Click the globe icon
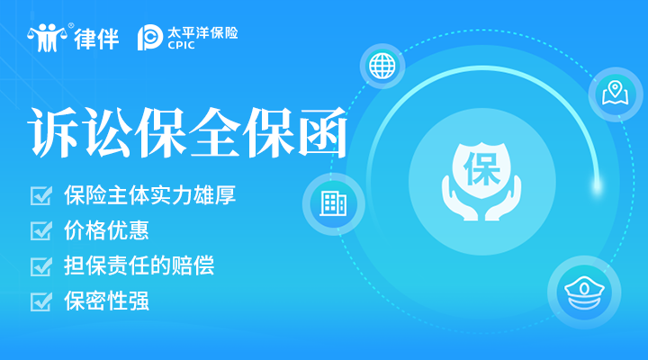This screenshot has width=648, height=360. pyautogui.click(x=382, y=66)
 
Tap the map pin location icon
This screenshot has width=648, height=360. pyautogui.click(x=616, y=93)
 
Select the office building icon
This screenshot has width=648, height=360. pyautogui.click(x=334, y=203)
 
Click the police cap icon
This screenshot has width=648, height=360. pyautogui.click(x=584, y=292)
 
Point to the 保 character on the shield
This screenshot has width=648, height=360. pyautogui.click(x=481, y=169)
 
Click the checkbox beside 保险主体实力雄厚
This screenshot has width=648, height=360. pyautogui.click(x=41, y=195)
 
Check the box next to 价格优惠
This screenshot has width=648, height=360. pyautogui.click(x=41, y=230)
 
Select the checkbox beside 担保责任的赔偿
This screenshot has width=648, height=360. pyautogui.click(x=41, y=266)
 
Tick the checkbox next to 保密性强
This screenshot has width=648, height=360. pyautogui.click(x=41, y=301)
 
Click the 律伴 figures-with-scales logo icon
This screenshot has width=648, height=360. pyautogui.click(x=47, y=38)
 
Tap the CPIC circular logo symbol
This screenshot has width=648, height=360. pyautogui.click(x=149, y=38)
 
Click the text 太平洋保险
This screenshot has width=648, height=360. pyautogui.click(x=202, y=32)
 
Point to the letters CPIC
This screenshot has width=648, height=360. pyautogui.click(x=181, y=45)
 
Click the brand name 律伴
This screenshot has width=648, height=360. pyautogui.click(x=96, y=39)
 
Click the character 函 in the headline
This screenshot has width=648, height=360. pyautogui.click(x=322, y=132)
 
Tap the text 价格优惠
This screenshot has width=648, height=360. pyautogui.click(x=106, y=230)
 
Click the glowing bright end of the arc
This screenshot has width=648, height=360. pyautogui.click(x=597, y=185)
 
